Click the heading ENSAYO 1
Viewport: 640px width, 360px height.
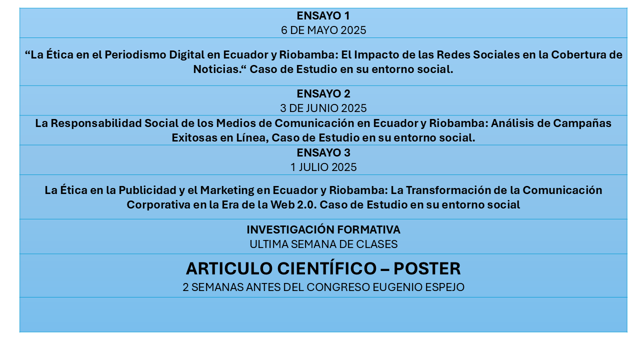(323, 15)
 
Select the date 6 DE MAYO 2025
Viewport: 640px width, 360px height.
(323, 30)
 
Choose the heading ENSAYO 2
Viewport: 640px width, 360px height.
(323, 93)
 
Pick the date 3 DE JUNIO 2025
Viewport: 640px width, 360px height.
(323, 108)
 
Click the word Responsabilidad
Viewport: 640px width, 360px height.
(96, 123)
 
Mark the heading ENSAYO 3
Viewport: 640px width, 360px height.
(323, 153)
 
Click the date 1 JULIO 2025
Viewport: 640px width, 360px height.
(323, 167)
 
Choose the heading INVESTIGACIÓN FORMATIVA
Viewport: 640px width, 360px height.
(323, 229)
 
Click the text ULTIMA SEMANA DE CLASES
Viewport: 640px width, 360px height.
(323, 244)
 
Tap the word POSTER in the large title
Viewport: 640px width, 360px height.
(427, 268)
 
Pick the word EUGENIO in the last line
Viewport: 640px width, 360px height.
(397, 287)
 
